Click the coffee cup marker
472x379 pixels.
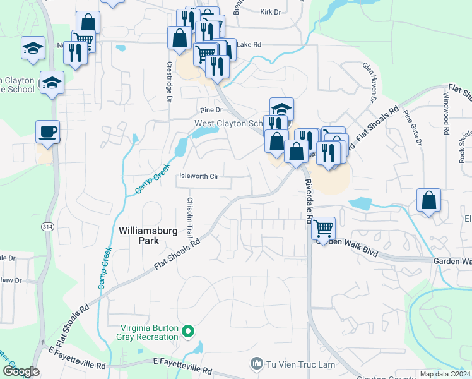[x=47, y=132]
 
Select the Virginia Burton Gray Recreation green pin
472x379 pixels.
[x=187, y=331]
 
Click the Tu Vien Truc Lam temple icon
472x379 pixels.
[x=256, y=363]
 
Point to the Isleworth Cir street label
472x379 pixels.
[x=199, y=177]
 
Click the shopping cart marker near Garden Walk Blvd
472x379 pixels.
[x=324, y=227]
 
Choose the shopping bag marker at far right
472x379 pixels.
[x=428, y=201]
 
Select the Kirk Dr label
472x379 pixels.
[x=270, y=12]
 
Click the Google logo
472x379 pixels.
[x=21, y=371]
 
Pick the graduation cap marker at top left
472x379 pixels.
[x=32, y=48]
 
